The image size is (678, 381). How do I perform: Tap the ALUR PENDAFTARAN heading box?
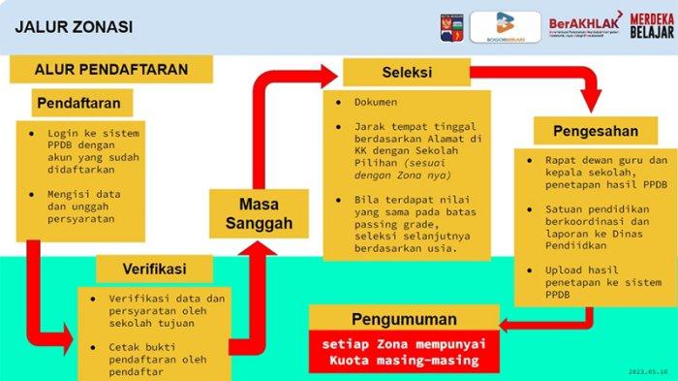(x=110, y=70)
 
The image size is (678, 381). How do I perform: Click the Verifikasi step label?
(x=154, y=268)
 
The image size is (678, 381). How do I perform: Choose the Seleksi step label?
(x=406, y=73)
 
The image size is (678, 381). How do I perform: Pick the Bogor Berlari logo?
(x=505, y=26)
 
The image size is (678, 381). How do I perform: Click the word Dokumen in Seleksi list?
(x=376, y=102)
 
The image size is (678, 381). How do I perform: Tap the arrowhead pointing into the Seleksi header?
(x=330, y=73)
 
